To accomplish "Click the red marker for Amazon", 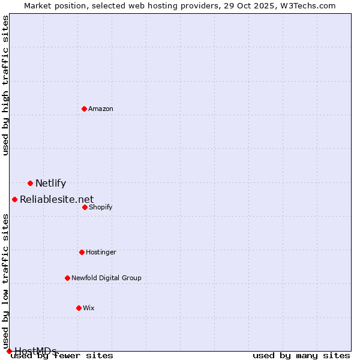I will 84,109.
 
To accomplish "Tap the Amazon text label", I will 101,109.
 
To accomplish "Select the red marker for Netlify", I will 30,183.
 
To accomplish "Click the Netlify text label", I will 50,184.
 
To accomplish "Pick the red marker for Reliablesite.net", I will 14,199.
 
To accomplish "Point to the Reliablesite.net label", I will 56,200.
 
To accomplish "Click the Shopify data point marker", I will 85,207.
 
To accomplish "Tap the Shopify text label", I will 100,208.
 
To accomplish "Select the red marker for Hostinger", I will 82,252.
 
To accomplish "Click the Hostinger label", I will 101,253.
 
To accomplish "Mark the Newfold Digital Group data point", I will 67,278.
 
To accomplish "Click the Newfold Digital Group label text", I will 106,278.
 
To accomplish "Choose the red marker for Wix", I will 79,308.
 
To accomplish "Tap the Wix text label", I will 89,308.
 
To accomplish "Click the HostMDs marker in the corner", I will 9,351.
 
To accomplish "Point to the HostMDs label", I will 35,351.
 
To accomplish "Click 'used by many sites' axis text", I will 301,356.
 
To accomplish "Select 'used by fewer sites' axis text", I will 62,356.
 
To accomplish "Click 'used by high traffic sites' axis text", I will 6,85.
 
